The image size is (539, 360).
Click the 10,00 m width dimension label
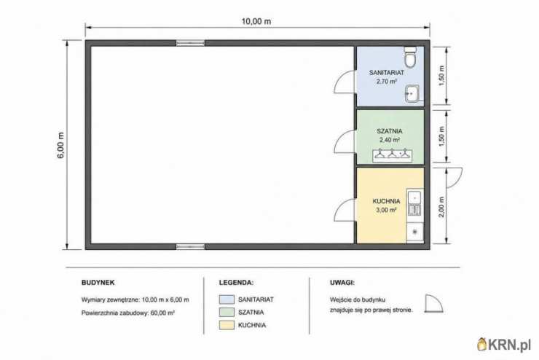pos(256,21)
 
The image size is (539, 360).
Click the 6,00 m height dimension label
pos(61,146)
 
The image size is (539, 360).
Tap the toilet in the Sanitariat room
pos(410,57)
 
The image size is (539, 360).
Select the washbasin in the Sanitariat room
pos(412,93)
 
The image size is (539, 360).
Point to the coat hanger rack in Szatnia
pos(393,155)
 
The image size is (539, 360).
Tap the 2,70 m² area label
pos(387,82)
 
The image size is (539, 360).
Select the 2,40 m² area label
pos(390,140)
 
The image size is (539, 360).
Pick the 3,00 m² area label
pos(386,210)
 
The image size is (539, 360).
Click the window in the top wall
pos(190,43)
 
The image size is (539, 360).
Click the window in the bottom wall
pos(190,246)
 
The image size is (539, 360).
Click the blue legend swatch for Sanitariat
pos(227,299)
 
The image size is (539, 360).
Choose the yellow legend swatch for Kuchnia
pos(227,325)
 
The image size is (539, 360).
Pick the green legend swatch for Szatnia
pos(227,312)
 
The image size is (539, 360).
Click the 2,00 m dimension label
pos(441,207)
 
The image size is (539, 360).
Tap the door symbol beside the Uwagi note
pos(434,304)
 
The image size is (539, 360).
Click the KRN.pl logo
pos(504,345)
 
